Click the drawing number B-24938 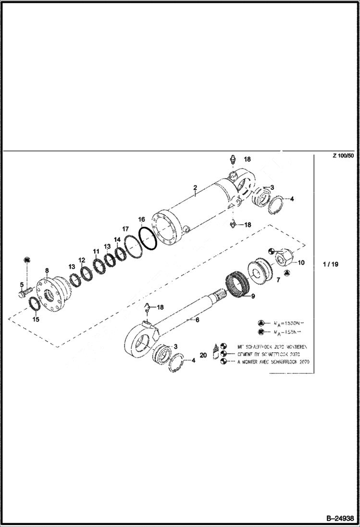click(x=339, y=518)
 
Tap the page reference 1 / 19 click(x=331, y=264)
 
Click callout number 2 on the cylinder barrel click(x=195, y=187)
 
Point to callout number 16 click(x=141, y=220)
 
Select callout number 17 click(x=125, y=229)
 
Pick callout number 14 click(x=117, y=239)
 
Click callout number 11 click(x=96, y=251)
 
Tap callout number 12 click(x=82, y=260)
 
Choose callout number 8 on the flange click(x=47, y=270)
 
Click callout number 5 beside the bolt click(x=22, y=284)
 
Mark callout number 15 click(x=36, y=319)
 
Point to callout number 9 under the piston click(x=253, y=296)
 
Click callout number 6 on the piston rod click(x=196, y=319)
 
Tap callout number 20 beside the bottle click(x=203, y=355)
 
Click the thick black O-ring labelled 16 click(x=148, y=238)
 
